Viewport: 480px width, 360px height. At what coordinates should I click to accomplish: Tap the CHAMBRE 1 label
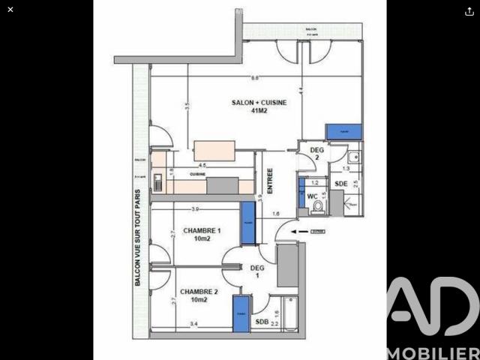pyautogui.click(x=201, y=234)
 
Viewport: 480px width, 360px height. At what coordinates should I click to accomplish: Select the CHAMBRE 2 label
pyautogui.click(x=198, y=295)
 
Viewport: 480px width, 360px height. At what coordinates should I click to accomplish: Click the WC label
pyautogui.click(x=312, y=196)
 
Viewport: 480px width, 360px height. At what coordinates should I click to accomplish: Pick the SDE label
pyautogui.click(x=340, y=184)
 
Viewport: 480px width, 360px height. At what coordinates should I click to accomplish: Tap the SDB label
pyautogui.click(x=261, y=322)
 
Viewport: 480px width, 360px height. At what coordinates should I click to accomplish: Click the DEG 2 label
pyautogui.click(x=316, y=154)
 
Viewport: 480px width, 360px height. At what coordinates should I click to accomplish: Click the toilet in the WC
pyautogui.click(x=319, y=205)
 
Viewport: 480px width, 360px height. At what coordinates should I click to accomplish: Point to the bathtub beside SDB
pyautogui.click(x=289, y=315)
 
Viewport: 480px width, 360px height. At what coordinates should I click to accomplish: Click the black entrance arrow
pyautogui.click(x=301, y=232)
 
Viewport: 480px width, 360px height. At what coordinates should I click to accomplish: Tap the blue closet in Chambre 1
pyautogui.click(x=247, y=223)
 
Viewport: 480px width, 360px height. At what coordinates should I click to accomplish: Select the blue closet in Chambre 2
pyautogui.click(x=241, y=314)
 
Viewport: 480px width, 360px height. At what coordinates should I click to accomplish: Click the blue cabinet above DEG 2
pyautogui.click(x=343, y=132)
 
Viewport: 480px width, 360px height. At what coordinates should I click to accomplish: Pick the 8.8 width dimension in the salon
pyautogui.click(x=255, y=78)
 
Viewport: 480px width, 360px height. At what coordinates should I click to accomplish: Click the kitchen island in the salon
pyautogui.click(x=215, y=149)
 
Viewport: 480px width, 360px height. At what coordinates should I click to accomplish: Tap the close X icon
pyautogui.click(x=10, y=10)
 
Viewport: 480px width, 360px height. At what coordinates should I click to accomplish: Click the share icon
pyautogui.click(x=469, y=10)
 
